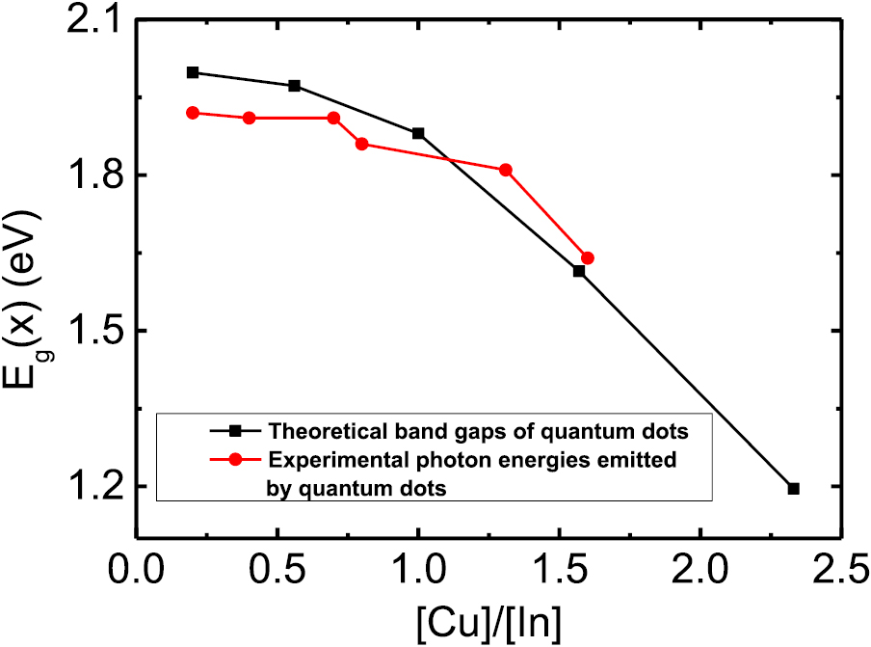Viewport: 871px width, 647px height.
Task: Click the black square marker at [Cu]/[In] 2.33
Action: point(793,489)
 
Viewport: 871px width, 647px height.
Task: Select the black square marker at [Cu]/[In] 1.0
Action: point(418,133)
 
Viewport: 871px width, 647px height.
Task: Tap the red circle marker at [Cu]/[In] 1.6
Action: point(588,257)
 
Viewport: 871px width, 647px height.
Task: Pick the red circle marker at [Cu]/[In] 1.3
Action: point(506,170)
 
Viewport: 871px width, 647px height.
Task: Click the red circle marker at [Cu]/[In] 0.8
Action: point(361,144)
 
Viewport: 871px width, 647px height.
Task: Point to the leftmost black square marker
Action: point(193,72)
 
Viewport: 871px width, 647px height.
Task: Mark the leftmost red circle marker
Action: point(193,113)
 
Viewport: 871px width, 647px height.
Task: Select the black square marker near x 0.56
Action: point(295,86)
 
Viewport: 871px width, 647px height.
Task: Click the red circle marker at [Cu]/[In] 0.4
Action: point(250,118)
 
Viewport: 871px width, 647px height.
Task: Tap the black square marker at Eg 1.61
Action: point(579,271)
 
